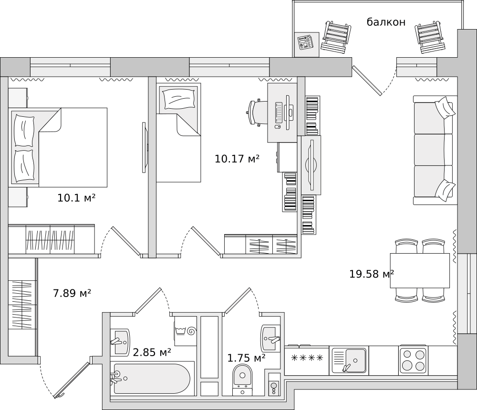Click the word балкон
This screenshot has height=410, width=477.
pyautogui.click(x=386, y=22)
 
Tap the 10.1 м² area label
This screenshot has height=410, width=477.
pyautogui.click(x=76, y=198)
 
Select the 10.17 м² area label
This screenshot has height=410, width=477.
pyautogui.click(x=237, y=158)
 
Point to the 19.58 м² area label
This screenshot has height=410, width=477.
pyautogui.click(x=372, y=274)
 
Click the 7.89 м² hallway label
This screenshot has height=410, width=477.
pyautogui.click(x=72, y=293)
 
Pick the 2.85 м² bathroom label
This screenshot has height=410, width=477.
pyautogui.click(x=152, y=352)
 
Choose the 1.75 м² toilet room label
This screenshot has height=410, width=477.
pyautogui.click(x=247, y=358)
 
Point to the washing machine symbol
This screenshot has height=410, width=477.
pyautogui.click(x=186, y=330)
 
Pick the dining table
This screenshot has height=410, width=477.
pyautogui.click(x=420, y=270)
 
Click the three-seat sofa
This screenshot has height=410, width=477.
pyautogui.click(x=435, y=150)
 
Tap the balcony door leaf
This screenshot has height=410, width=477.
pyautogui.click(x=366, y=80)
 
